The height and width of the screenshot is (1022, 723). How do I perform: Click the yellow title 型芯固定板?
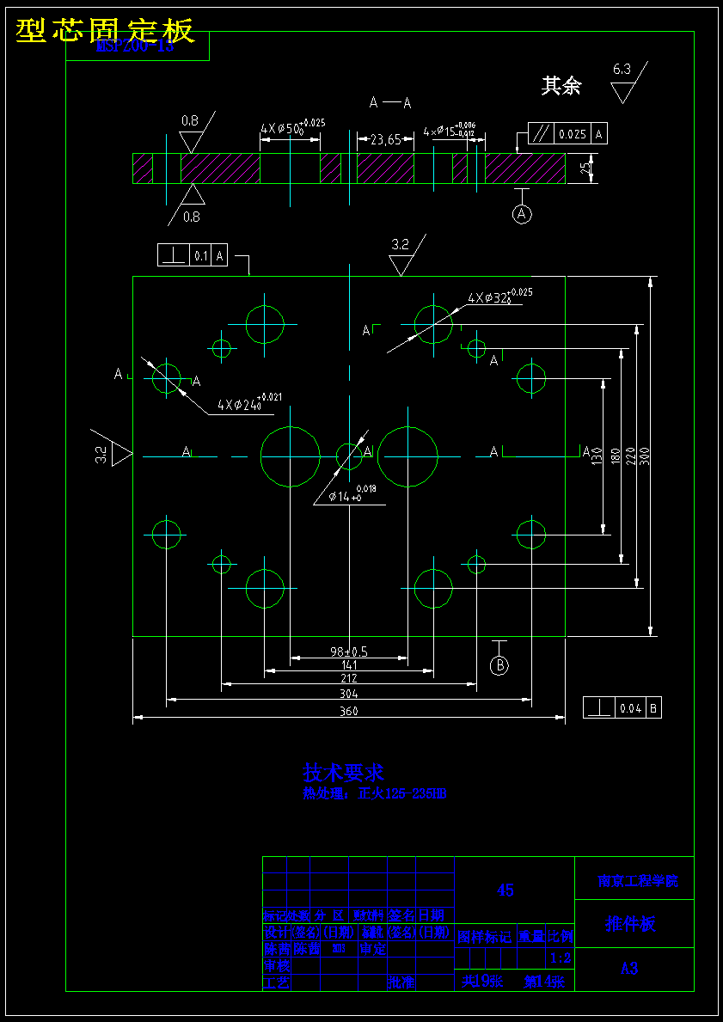pos(105,31)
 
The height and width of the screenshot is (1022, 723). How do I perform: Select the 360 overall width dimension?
pos(348,711)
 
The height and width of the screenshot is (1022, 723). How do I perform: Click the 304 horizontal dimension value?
pos(348,694)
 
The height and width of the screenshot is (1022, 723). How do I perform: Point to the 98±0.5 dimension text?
pos(348,652)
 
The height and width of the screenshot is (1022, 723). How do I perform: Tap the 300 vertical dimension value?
pos(645,456)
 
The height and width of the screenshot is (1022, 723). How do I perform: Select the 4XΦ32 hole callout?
pos(499,298)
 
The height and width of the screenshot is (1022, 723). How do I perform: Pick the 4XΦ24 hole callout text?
pos(248,402)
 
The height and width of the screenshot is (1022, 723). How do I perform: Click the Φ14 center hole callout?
pos(349,496)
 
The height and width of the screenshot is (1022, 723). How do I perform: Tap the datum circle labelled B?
pos(499,664)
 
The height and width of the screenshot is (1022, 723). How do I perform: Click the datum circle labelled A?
pos(523,214)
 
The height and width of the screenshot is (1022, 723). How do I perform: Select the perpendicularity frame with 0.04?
pos(622,708)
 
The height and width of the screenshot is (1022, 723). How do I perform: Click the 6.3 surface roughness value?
pos(622,69)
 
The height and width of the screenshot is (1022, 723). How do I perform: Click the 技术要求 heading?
pos(343,773)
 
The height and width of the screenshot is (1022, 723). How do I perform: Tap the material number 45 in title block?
pos(505,890)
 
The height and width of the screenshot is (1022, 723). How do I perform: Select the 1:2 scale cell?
pos(560,958)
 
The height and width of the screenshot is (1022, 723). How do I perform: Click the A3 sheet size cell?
pos(629,969)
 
